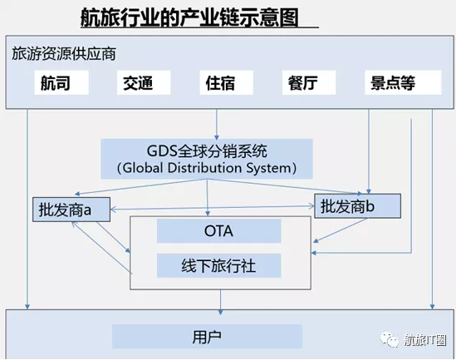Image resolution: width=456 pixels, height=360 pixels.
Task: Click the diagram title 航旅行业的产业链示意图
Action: pyautogui.click(x=189, y=17)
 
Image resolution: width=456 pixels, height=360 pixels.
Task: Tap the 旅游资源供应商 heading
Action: pyautogui.click(x=64, y=54)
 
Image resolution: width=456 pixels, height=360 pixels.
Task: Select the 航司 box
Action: pyautogui.click(x=61, y=82)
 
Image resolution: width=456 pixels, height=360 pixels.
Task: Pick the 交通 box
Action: pyautogui.click(x=144, y=82)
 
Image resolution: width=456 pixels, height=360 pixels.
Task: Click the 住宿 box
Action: pyautogui.click(x=226, y=82)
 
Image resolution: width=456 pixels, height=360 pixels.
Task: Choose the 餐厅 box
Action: pyautogui.click(x=309, y=82)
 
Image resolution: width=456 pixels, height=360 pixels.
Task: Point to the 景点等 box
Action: pyautogui.click(x=403, y=82)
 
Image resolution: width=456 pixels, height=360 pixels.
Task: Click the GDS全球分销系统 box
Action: pyautogui.click(x=207, y=159)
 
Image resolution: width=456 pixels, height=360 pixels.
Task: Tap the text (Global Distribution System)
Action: pyautogui.click(x=207, y=168)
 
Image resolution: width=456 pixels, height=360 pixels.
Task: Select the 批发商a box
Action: pyautogui.click(x=71, y=210)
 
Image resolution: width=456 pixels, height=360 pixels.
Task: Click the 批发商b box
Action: pyautogui.click(x=358, y=206)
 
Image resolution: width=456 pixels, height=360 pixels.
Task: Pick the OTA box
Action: pyautogui.click(x=219, y=231)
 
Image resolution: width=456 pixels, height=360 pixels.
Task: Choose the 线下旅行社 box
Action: pyautogui.click(x=219, y=265)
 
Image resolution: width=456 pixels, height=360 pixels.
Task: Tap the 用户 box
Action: pyautogui.click(x=207, y=337)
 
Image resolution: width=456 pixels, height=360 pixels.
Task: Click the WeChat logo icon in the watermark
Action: pyautogui.click(x=389, y=339)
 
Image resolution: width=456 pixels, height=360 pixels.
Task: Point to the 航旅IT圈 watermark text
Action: pyautogui.click(x=425, y=339)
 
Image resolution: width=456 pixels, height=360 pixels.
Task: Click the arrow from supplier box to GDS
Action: pyautogui.click(x=216, y=124)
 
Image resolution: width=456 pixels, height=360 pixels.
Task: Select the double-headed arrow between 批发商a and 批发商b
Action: pyautogui.click(x=213, y=208)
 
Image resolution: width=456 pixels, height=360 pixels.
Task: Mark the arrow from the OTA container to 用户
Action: pyautogui.click(x=220, y=302)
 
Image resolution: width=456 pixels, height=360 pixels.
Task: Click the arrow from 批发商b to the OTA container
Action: pyautogui.click(x=341, y=230)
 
